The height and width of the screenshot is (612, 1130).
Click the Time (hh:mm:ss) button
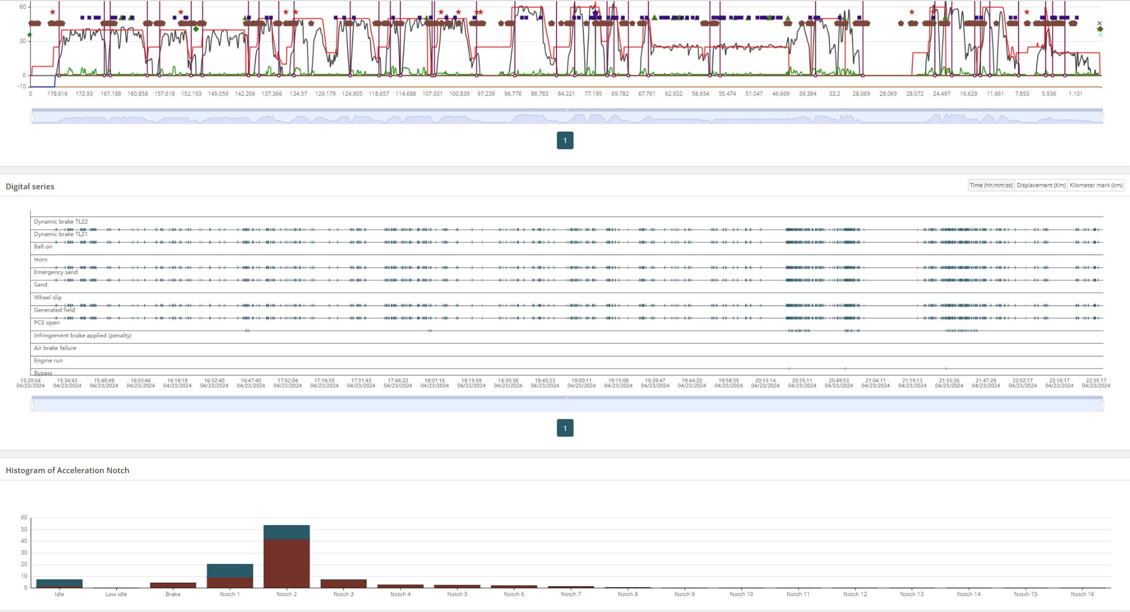coord(991,185)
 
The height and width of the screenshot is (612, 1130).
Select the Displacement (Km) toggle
coord(1041,185)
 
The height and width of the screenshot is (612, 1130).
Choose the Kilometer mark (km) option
coord(1096,185)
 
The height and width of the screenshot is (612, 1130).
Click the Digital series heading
coord(30,186)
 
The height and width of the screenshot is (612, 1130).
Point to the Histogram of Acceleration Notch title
coord(67,470)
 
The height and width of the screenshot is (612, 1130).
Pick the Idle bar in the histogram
coord(59,584)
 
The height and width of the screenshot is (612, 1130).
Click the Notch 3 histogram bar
coord(343,584)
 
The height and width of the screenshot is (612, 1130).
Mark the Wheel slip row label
coord(48,297)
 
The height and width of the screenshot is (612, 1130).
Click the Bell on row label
coord(43,247)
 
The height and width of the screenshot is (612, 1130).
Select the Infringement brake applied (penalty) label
coord(83,335)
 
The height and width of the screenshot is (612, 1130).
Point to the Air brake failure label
coord(55,348)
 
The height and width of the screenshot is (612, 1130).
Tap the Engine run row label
coord(48,361)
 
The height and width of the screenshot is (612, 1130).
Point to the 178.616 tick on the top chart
coord(57,94)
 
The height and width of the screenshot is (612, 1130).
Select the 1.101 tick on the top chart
coord(1075,94)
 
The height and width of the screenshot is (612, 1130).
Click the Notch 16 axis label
coord(1082,594)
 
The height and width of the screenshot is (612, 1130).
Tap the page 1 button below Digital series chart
coord(565,428)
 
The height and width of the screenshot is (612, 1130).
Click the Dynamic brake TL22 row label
coord(61,222)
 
